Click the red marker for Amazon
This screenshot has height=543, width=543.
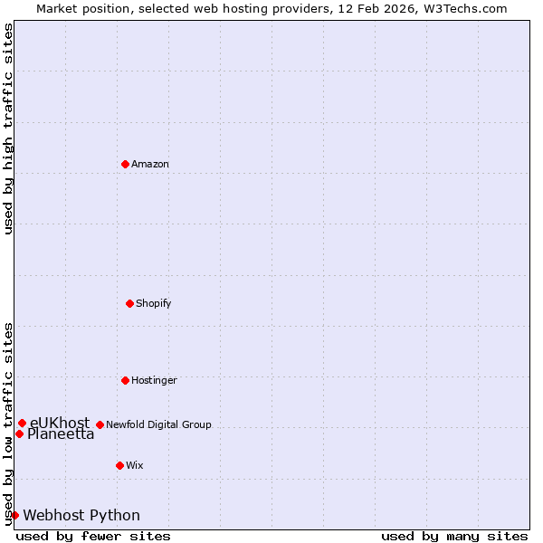tap(125, 164)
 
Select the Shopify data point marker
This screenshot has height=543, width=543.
tap(129, 303)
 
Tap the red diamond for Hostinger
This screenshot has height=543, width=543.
tap(125, 380)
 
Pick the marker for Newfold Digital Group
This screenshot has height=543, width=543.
tap(100, 424)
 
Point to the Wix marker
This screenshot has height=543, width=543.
tap(119, 465)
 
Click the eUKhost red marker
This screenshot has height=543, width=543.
tap(22, 423)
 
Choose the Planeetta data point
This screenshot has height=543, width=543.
tap(19, 433)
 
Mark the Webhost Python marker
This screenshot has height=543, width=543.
tap(14, 515)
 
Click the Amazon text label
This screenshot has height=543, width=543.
tap(150, 164)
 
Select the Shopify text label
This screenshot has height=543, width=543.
tap(154, 303)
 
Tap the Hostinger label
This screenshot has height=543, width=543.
tap(154, 380)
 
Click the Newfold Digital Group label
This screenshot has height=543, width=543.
tap(158, 424)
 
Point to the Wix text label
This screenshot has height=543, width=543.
tap(135, 465)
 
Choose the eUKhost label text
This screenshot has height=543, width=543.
tap(60, 423)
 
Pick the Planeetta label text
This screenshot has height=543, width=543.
tap(61, 434)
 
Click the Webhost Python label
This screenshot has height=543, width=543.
tap(81, 516)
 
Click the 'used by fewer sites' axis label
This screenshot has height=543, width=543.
tap(93, 536)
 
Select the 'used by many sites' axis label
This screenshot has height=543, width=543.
tap(454, 536)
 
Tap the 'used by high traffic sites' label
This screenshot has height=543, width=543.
tap(8, 129)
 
